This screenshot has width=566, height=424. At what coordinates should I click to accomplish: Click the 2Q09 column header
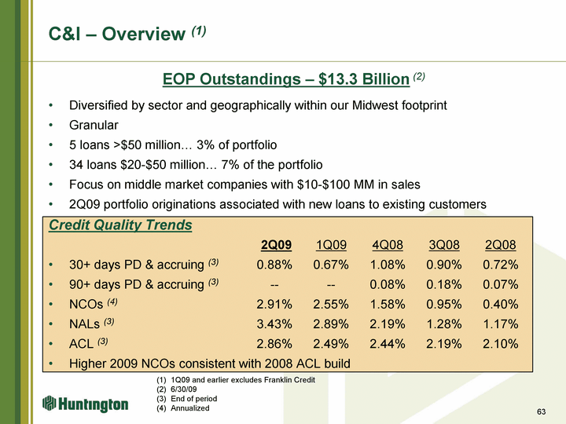pyautogui.click(x=276, y=245)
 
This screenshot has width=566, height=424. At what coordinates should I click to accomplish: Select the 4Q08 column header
pyautogui.click(x=388, y=245)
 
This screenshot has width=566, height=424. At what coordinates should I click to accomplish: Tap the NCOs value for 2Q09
pyautogui.click(x=274, y=305)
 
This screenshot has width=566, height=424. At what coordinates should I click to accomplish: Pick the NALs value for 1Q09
pyautogui.click(x=331, y=324)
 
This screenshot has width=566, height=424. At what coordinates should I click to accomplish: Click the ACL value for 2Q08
pyautogui.click(x=500, y=344)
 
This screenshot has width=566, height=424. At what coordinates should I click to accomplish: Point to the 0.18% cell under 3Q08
pyautogui.click(x=443, y=284)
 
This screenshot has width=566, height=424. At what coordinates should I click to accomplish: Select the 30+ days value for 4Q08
pyautogui.click(x=388, y=265)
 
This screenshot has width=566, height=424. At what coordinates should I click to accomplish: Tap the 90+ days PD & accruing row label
pyautogui.click(x=144, y=283)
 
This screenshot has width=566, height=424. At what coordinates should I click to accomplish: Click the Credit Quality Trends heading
pyautogui.click(x=120, y=225)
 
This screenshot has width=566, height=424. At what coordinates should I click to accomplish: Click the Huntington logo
pyautogui.click(x=85, y=404)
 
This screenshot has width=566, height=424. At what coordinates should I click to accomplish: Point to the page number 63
pyautogui.click(x=541, y=411)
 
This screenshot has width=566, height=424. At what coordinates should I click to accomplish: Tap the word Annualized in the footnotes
pyautogui.click(x=190, y=408)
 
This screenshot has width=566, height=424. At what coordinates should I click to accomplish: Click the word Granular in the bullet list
pyautogui.click(x=94, y=125)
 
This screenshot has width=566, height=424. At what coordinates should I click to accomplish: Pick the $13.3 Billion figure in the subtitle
pyautogui.click(x=364, y=79)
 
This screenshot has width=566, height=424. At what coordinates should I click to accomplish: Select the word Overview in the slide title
pyautogui.click(x=143, y=34)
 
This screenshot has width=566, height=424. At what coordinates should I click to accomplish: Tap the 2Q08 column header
pyautogui.click(x=500, y=245)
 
